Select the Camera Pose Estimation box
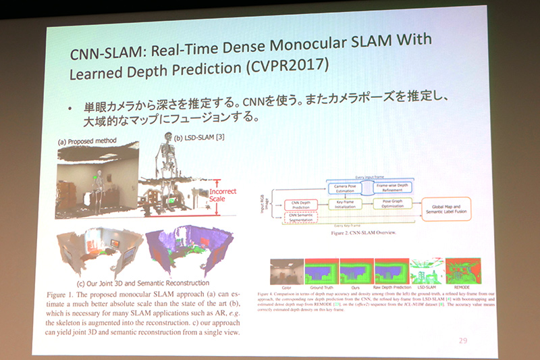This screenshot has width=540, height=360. tap(346, 188)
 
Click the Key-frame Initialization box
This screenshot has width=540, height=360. tap(346, 204)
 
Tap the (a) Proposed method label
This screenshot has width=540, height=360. tap(87, 142)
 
